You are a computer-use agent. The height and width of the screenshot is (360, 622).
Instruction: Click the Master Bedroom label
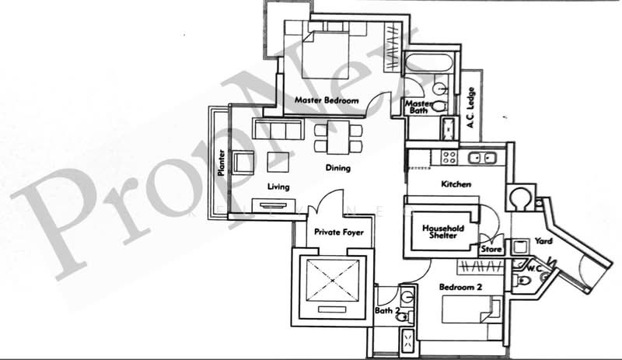click(x=326, y=101)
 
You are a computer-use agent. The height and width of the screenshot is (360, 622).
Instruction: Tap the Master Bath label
click(x=418, y=107)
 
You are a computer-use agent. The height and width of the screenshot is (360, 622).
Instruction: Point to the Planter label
click(x=222, y=162)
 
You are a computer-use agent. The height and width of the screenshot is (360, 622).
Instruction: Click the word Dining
click(x=337, y=168)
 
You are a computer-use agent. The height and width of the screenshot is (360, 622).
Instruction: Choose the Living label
click(x=278, y=187)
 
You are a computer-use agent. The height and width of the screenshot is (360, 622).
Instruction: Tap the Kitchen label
click(x=456, y=184)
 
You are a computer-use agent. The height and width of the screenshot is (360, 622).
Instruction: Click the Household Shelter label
click(x=442, y=232)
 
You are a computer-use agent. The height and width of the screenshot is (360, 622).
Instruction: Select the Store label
click(x=491, y=250)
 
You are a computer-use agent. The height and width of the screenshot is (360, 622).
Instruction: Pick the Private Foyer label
click(x=339, y=232)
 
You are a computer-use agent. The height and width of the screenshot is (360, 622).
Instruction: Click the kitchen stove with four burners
click(x=449, y=157)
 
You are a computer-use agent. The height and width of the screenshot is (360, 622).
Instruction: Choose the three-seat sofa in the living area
click(x=278, y=128)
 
